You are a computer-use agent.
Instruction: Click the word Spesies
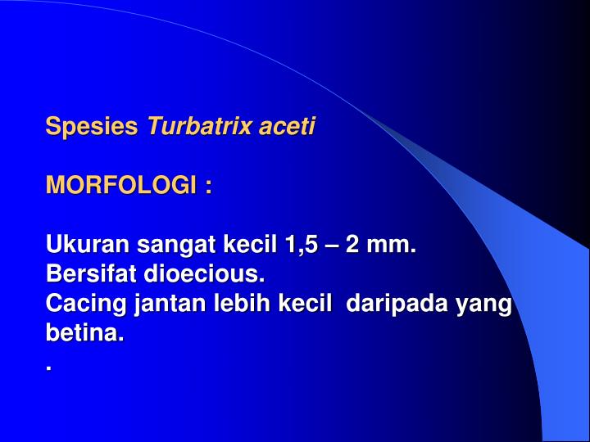[92, 127]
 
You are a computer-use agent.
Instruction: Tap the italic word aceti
[287, 127]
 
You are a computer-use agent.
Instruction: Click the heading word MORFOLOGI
[121, 186]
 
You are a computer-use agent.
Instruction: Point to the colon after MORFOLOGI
[209, 187]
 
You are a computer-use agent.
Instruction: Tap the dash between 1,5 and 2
[334, 245]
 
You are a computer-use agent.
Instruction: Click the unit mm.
[393, 245]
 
